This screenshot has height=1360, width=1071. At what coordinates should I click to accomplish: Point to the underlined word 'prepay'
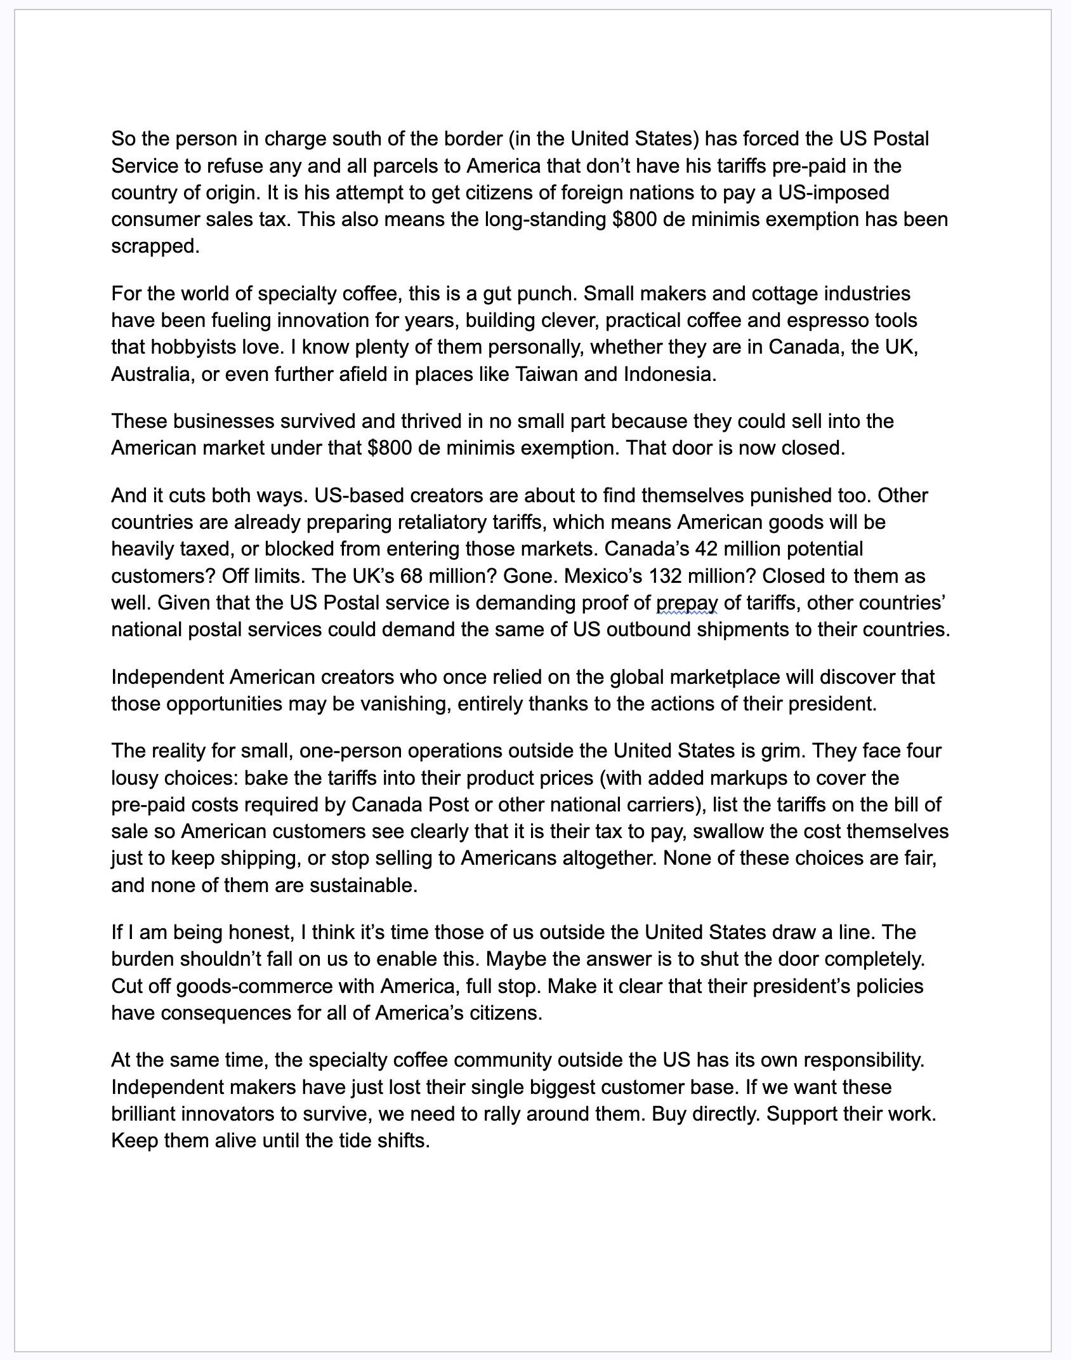[687, 603]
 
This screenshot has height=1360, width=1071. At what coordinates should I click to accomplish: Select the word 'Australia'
[151, 374]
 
